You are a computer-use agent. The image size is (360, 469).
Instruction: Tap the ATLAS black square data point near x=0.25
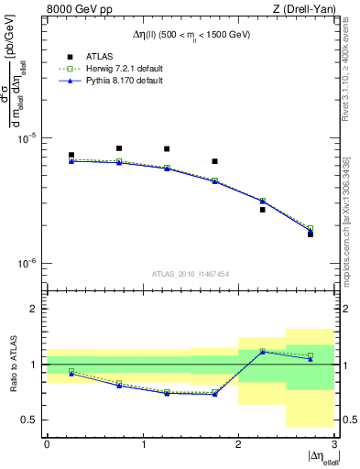[71, 156]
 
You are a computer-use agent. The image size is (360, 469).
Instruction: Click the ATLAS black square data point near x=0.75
[119, 148]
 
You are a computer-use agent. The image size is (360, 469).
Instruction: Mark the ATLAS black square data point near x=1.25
[167, 149]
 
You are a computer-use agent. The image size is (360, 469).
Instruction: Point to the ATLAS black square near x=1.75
[214, 161]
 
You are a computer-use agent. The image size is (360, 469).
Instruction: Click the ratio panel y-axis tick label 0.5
[32, 420]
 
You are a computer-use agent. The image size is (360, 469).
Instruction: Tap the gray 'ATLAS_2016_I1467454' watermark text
[191, 274]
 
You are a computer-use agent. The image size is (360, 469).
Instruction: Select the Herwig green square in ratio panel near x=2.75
[310, 355]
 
